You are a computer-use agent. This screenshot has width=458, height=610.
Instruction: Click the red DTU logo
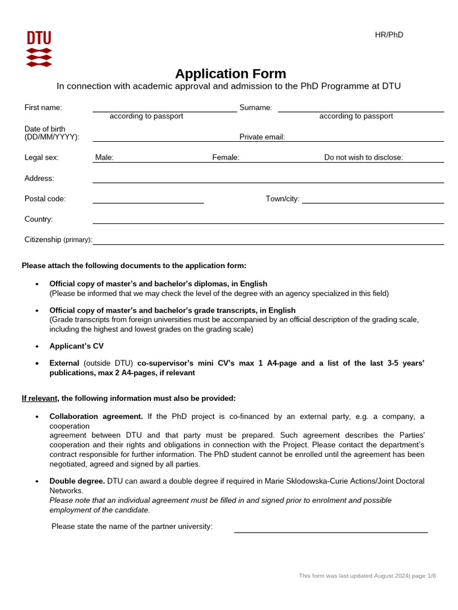tap(39, 48)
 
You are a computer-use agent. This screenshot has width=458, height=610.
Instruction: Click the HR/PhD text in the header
tap(389, 35)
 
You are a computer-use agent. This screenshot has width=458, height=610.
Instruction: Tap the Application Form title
tap(230, 74)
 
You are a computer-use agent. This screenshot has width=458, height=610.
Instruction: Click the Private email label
tap(262, 137)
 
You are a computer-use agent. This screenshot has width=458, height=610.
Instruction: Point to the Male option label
tap(104, 158)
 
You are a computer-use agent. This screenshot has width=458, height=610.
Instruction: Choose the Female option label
tap(225, 158)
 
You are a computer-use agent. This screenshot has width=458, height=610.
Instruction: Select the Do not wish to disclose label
tap(363, 158)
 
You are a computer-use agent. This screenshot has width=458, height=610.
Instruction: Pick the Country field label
tap(39, 219)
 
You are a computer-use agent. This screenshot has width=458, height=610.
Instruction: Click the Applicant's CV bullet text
tap(76, 346)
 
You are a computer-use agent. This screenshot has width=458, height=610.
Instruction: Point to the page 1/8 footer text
tap(423, 576)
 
